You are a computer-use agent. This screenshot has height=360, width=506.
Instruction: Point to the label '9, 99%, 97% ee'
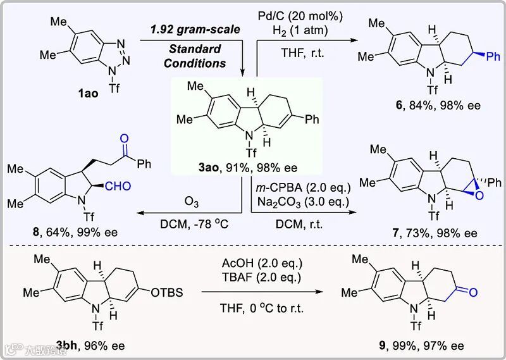(x=431, y=345)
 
